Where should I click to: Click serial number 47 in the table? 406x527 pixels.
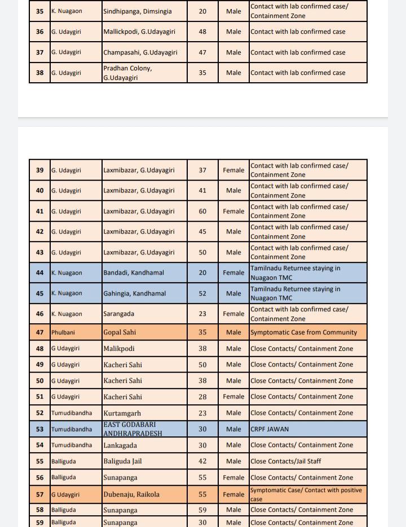(x=39, y=332)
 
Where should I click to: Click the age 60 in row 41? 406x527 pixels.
(x=202, y=211)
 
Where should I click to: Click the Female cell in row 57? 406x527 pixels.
(x=233, y=494)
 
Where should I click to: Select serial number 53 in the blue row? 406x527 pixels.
(x=39, y=429)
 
